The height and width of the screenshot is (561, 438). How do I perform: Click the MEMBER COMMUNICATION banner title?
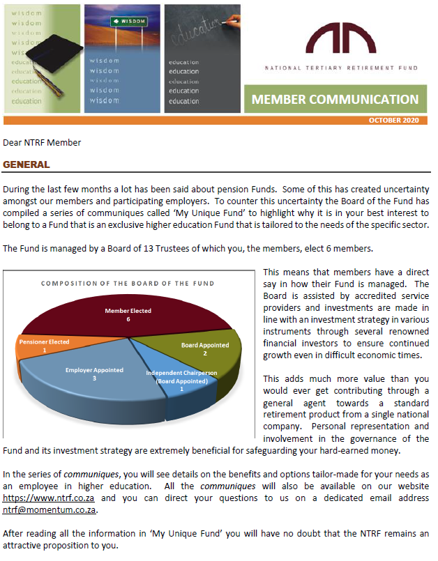point(335,99)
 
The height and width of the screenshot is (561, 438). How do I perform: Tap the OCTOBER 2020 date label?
point(393,121)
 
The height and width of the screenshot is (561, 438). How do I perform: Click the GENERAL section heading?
point(27,165)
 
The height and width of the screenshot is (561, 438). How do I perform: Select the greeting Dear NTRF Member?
point(42,143)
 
